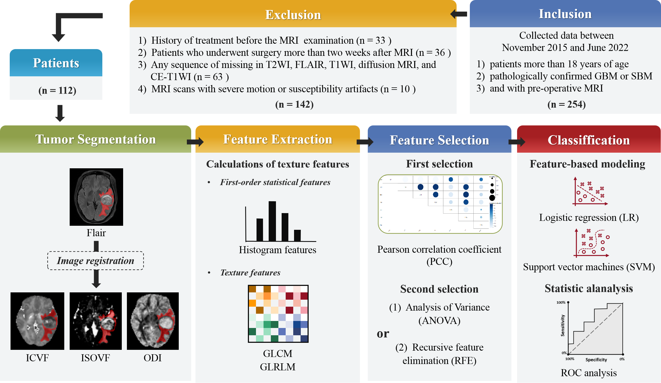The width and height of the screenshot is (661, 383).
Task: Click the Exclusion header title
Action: tap(293, 15)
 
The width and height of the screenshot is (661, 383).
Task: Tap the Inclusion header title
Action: tap(565, 14)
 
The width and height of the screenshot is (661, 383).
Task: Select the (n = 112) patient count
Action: tap(57, 90)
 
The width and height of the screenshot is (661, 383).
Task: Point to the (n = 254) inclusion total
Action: tap(566, 104)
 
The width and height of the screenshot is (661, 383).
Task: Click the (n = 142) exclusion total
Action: tap(294, 104)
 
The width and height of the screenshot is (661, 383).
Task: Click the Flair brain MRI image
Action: tap(96, 197)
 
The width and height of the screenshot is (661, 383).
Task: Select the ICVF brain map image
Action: tap(37, 321)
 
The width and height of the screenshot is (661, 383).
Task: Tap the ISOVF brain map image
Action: tap(96, 321)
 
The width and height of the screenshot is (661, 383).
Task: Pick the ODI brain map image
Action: tap(153, 321)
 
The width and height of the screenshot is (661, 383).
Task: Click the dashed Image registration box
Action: tap(96, 261)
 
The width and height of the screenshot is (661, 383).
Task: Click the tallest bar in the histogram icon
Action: tap(272, 221)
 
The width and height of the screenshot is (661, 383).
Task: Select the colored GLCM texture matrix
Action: tap(278, 314)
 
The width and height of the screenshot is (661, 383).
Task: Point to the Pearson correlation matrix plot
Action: tap(440, 204)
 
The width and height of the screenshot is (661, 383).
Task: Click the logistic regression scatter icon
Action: tap(590, 192)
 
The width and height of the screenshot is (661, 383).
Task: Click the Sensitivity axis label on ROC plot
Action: tap(563, 326)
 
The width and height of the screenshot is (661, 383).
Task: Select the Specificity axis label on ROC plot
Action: tap(596, 360)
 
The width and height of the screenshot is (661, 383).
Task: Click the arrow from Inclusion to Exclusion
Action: tap(459, 14)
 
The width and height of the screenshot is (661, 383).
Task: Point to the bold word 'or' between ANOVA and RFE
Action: tap(383, 334)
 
